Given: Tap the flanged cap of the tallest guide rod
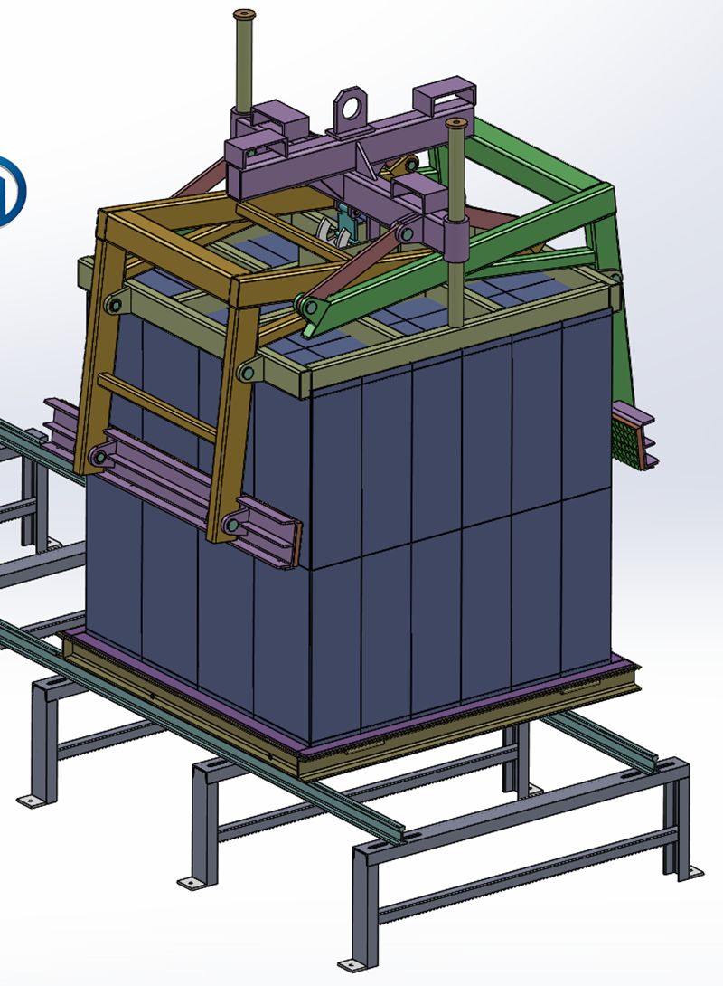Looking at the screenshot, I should pyautogui.click(x=244, y=15).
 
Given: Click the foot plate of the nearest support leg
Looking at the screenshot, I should pyautogui.click(x=346, y=962).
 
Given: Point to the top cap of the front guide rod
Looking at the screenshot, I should pyautogui.click(x=456, y=124).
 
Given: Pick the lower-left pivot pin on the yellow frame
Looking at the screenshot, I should pyautogui.click(x=96, y=458).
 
